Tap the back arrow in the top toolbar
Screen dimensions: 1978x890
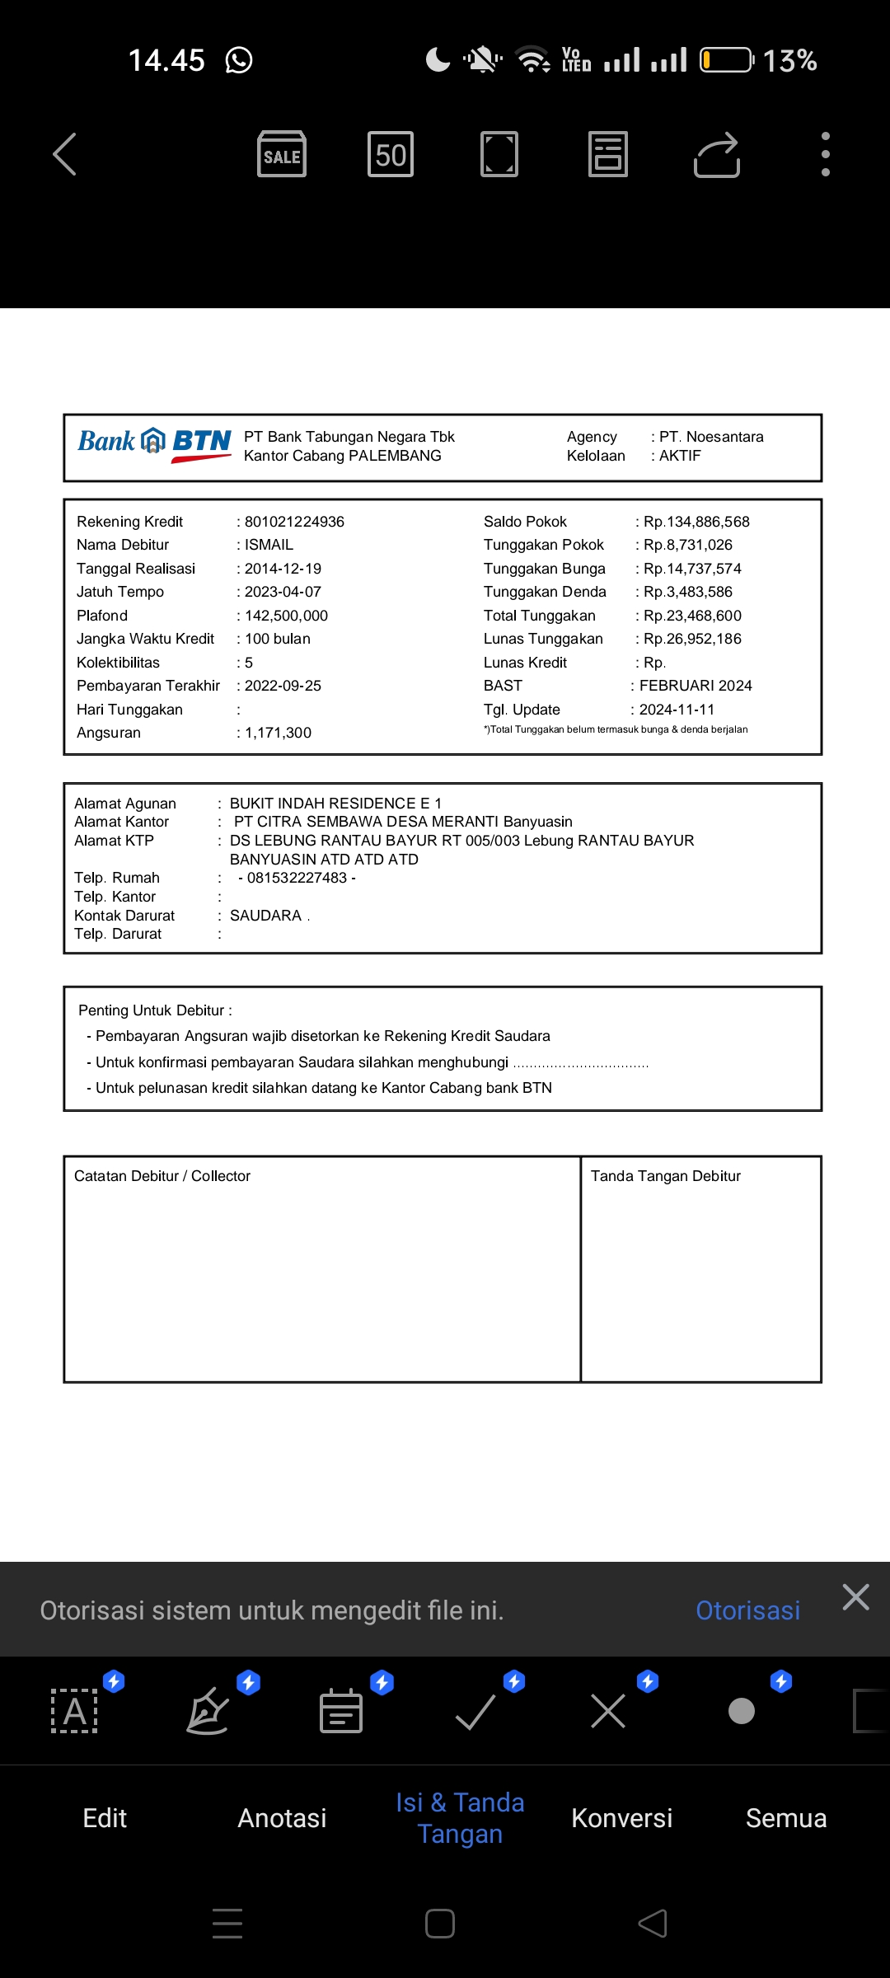(64, 154)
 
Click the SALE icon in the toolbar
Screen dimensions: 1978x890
(282, 154)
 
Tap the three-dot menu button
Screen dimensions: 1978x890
(825, 154)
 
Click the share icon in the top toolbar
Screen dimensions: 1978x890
(717, 154)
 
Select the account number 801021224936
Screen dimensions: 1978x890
(294, 522)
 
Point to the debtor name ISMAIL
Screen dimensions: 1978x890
(269, 545)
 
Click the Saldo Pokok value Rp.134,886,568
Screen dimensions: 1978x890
(696, 522)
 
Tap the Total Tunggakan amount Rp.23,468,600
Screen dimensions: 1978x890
(692, 616)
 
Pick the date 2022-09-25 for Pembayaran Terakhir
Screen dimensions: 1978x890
(283, 686)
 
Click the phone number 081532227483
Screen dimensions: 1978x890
(297, 878)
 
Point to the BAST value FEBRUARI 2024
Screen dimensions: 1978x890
(696, 686)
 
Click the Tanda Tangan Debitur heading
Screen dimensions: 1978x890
(666, 1176)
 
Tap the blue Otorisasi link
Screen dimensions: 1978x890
(747, 1610)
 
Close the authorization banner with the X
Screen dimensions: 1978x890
(856, 1597)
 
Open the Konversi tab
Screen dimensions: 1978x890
(622, 1818)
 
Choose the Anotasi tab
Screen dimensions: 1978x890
(282, 1818)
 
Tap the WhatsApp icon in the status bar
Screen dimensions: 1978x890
(239, 60)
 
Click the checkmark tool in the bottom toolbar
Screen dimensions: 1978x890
(475, 1712)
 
